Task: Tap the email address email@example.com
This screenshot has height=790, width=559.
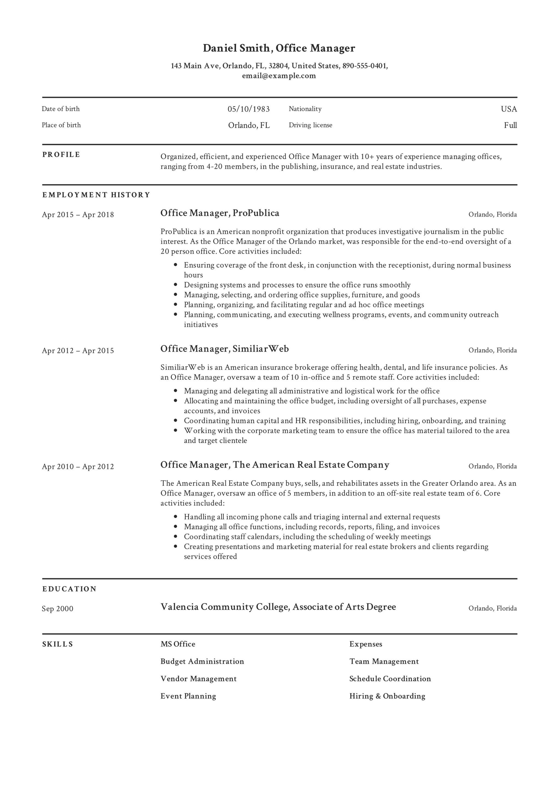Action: click(x=279, y=76)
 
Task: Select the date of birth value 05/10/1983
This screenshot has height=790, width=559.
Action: click(x=248, y=109)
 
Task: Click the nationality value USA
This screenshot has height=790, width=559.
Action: click(x=509, y=109)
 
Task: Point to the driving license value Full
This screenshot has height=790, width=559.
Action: click(x=510, y=125)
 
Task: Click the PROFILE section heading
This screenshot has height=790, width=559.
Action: click(x=61, y=155)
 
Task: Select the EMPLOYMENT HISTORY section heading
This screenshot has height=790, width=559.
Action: click(x=96, y=195)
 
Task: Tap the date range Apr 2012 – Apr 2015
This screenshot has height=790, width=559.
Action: click(x=78, y=351)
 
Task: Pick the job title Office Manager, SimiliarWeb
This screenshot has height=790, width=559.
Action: click(x=225, y=349)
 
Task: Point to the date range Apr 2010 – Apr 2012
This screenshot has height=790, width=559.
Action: click(x=78, y=467)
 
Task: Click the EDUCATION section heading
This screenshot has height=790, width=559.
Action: click(x=69, y=589)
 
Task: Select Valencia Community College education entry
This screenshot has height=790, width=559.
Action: click(x=278, y=607)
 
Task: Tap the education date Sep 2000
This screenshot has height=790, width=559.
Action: click(x=58, y=609)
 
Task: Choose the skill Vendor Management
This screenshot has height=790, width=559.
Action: click(x=198, y=679)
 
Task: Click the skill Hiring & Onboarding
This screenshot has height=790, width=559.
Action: click(x=387, y=696)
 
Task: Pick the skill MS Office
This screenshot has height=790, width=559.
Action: click(x=178, y=644)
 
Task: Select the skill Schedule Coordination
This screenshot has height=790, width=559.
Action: click(x=390, y=679)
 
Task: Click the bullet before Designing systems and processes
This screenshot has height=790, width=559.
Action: click(x=176, y=285)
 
